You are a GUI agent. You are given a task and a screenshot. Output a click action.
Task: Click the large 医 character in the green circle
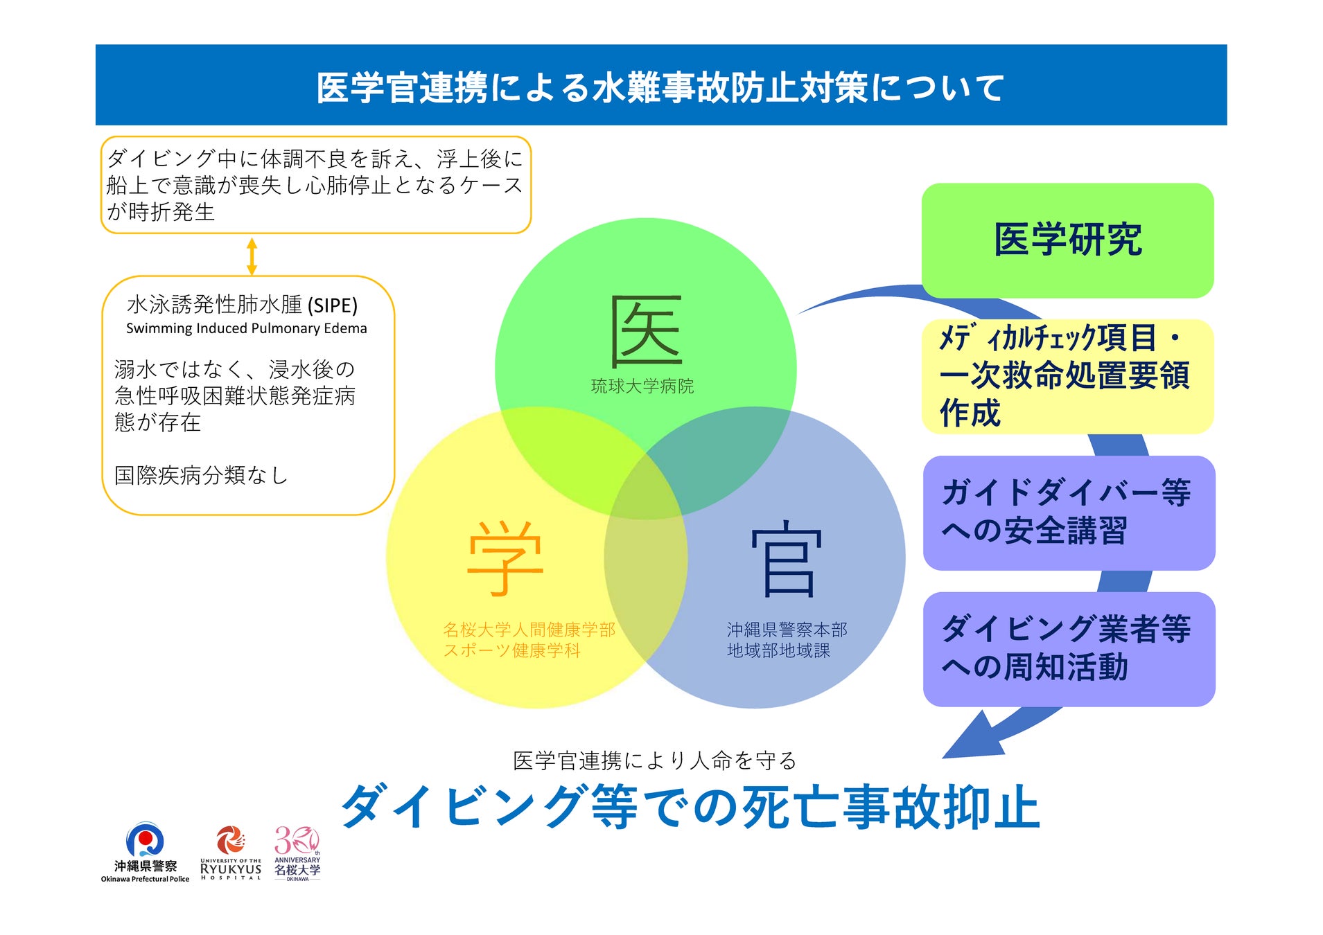[646, 331]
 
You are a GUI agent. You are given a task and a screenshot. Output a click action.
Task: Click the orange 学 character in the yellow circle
[505, 558]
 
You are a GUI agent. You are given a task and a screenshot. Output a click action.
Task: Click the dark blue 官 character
[787, 560]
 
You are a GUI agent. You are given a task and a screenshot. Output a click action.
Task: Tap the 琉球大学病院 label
[642, 386]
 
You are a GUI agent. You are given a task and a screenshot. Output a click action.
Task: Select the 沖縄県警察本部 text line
[787, 630]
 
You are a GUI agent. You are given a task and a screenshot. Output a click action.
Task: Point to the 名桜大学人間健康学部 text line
[529, 630]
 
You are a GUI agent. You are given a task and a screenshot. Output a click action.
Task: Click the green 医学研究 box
[1067, 240]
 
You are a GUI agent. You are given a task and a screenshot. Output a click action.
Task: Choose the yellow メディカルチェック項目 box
[1067, 376]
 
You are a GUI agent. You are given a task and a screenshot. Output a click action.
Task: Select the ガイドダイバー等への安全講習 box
[1069, 513]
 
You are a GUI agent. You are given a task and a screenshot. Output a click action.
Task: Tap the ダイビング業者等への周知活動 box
[1069, 649]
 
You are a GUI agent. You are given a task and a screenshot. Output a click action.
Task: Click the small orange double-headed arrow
[252, 256]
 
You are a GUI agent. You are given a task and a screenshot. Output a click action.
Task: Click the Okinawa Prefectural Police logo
[145, 852]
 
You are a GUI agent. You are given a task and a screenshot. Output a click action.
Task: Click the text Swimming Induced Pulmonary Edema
[246, 328]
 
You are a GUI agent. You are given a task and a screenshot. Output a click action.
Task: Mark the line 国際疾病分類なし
[200, 475]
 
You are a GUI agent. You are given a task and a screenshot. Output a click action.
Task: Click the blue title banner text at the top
[660, 88]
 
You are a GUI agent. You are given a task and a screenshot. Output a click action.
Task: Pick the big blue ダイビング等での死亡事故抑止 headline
[690, 807]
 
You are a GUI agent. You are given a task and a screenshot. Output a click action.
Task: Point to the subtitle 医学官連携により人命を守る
[654, 760]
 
